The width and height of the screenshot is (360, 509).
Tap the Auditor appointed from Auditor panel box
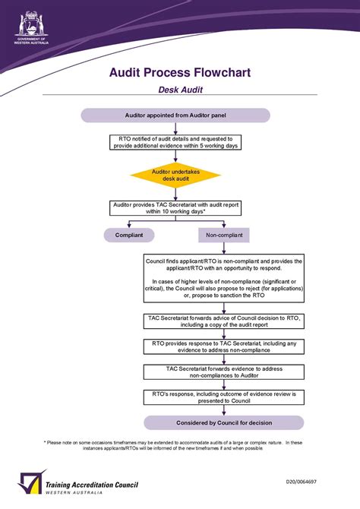click(x=175, y=115)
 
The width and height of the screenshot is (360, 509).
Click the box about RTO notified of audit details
click(x=175, y=142)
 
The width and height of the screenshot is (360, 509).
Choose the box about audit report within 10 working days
click(x=175, y=207)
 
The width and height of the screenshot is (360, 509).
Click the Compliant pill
click(x=129, y=236)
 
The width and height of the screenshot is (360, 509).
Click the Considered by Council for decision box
click(x=224, y=422)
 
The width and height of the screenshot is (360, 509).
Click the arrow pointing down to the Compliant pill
click(x=129, y=226)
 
